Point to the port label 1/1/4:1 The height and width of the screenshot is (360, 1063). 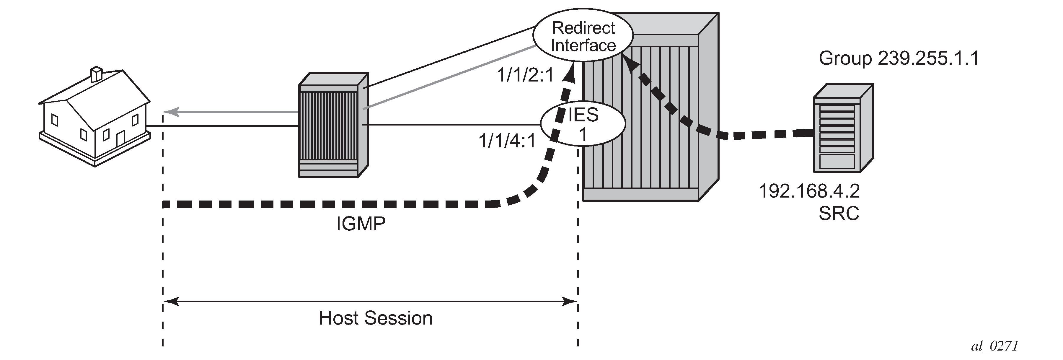click(507, 141)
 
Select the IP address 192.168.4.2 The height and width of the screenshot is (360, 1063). click(809, 191)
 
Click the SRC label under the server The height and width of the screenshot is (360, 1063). click(839, 214)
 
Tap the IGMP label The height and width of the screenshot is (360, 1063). click(361, 224)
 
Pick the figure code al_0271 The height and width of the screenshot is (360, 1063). click(995, 346)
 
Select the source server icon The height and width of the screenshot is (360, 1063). click(843, 128)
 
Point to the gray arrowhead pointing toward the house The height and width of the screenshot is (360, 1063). click(171, 111)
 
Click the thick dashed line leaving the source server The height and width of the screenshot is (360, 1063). click(763, 134)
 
